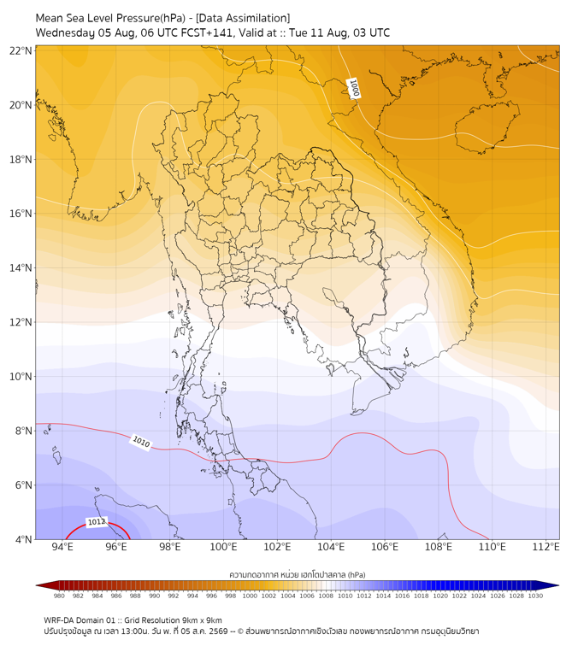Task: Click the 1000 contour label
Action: pos(354,88)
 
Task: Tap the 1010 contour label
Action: pos(141,442)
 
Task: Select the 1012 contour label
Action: pos(97,522)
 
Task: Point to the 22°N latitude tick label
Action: pos(21,50)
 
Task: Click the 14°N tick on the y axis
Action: pos(21,267)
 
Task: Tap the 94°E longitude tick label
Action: pos(62,547)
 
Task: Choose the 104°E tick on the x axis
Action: pos(331,547)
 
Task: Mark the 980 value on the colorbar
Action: pos(59,596)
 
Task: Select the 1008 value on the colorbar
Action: pos(326,596)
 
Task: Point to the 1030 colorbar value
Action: pos(535,596)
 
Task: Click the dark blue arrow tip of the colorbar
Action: pos(558,585)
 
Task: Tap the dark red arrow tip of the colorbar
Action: pos(37,585)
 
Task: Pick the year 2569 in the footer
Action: pos(219,631)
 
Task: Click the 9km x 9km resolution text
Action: pos(202,620)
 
